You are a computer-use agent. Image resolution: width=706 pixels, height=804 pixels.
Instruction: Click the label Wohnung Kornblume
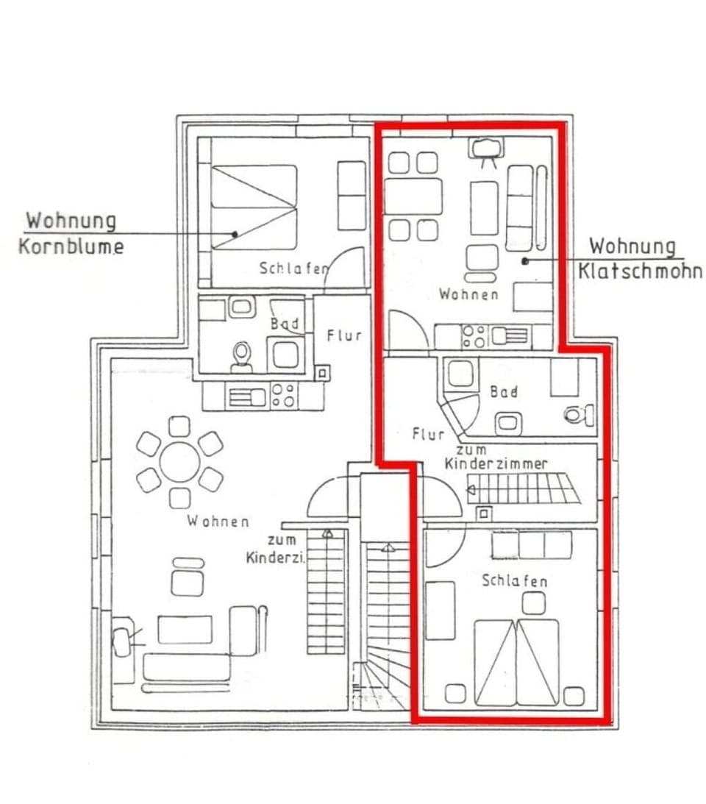pyautogui.click(x=71, y=232)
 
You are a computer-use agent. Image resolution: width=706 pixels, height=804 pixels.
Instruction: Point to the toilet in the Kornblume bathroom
pyautogui.click(x=241, y=357)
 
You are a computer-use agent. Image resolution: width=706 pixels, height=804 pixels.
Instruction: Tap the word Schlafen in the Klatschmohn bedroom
pyautogui.click(x=515, y=581)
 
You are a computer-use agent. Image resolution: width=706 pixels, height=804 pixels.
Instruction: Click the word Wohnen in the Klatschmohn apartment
pyautogui.click(x=468, y=294)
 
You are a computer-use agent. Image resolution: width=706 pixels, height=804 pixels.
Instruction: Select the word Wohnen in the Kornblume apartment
pyautogui.click(x=217, y=522)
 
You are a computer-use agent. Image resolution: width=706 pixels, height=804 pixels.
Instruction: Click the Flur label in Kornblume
pyautogui.click(x=344, y=335)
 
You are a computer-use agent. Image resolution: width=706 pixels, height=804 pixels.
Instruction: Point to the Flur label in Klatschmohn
pyautogui.click(x=428, y=434)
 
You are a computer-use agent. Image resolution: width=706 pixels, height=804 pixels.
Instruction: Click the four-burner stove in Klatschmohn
pyautogui.click(x=474, y=337)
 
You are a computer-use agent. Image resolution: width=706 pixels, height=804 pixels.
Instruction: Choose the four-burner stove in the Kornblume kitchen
pyautogui.click(x=283, y=395)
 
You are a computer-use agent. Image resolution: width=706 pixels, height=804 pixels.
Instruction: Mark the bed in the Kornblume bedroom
pyautogui.click(x=254, y=206)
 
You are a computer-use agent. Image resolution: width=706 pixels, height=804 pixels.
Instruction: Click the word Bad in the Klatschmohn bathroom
pyautogui.click(x=504, y=391)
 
